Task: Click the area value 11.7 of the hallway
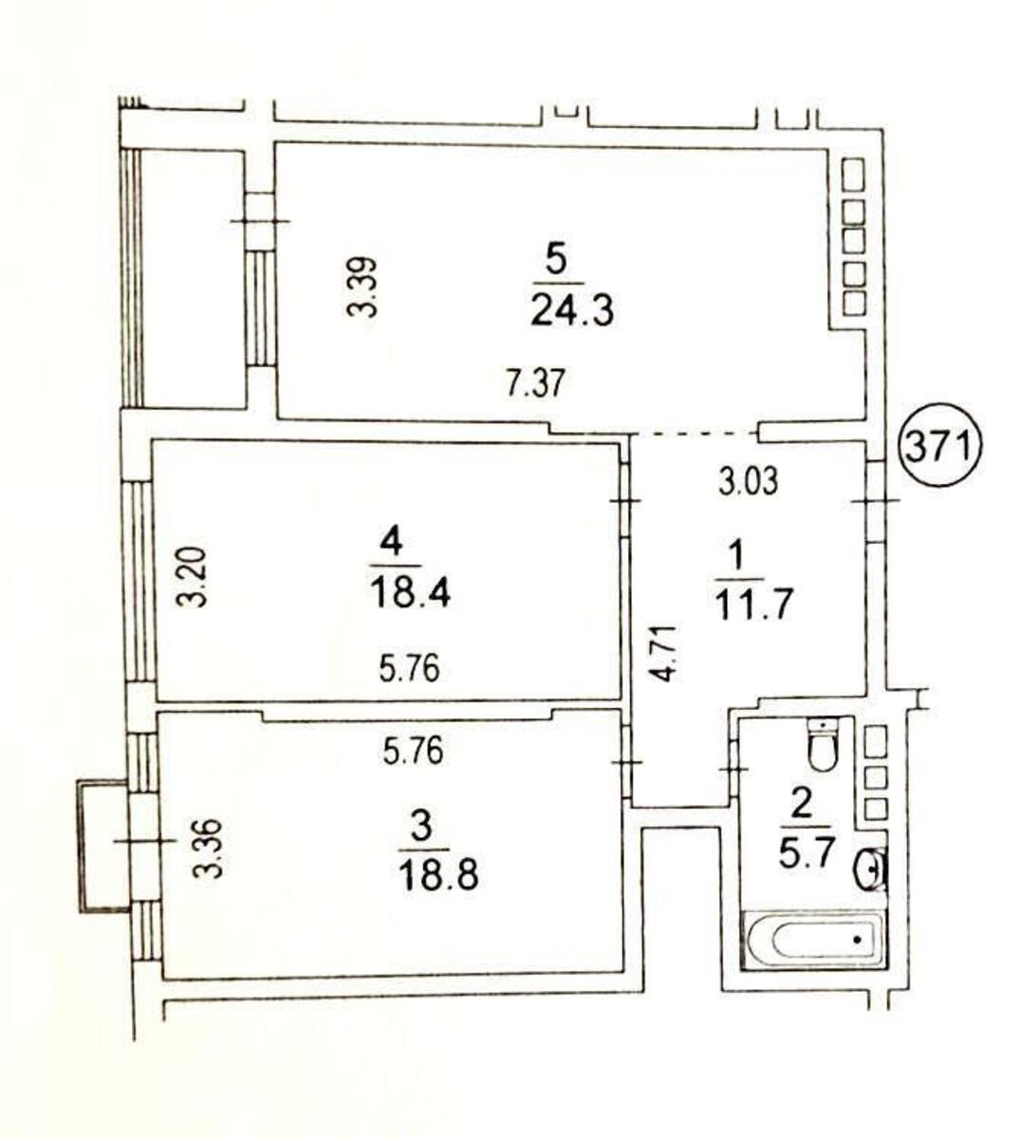[754, 603]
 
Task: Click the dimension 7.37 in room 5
[534, 384]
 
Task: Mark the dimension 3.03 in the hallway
[748, 481]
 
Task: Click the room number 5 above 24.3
[557, 257]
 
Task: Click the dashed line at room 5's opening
[696, 433]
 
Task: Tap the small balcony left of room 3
[103, 846]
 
